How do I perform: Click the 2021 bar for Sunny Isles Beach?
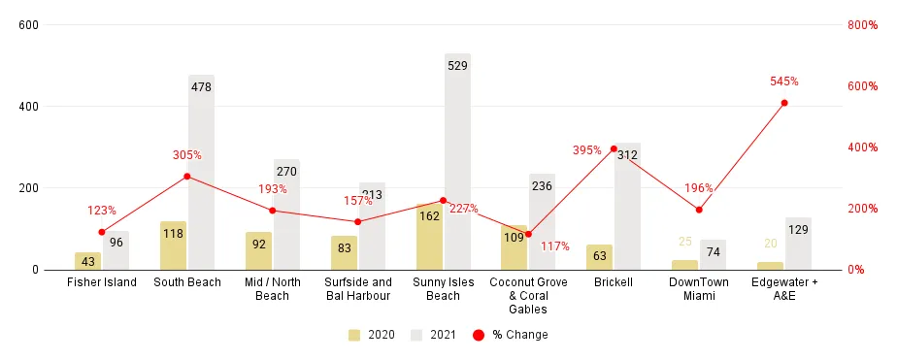coord(457,165)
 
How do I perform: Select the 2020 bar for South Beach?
coord(174,245)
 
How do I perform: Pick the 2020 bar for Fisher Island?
coord(88,261)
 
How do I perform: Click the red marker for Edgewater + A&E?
coord(784,103)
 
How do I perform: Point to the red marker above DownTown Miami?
coord(699,210)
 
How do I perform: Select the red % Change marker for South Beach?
coord(187,176)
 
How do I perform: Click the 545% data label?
coord(784,82)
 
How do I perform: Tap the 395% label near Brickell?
coord(587,150)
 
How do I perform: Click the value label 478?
coord(202,87)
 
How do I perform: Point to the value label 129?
coord(798,230)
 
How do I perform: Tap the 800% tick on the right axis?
coord(862,24)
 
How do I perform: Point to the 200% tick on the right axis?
coord(862,209)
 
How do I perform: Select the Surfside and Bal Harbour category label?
coord(357,289)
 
